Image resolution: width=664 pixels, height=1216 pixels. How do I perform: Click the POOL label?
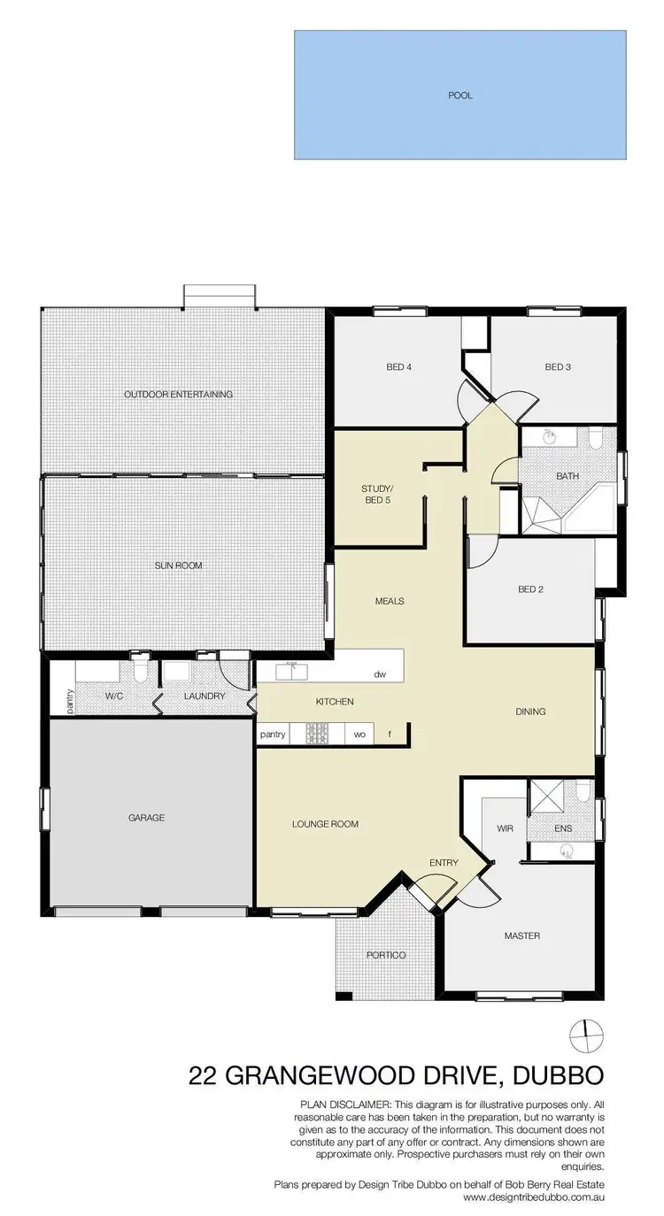tap(459, 95)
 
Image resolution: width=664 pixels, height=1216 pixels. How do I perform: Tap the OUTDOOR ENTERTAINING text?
tap(178, 394)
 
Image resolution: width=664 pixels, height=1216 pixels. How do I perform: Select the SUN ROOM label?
tap(179, 566)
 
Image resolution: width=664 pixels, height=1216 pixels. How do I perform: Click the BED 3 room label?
tap(557, 367)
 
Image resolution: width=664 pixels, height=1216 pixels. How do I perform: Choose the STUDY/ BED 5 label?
tap(376, 494)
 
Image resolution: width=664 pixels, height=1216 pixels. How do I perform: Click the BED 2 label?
tap(530, 589)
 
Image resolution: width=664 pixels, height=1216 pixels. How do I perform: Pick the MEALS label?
tap(390, 601)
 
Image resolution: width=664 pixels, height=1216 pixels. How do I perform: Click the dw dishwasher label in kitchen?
tap(380, 674)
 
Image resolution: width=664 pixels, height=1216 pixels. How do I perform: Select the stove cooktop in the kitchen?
tap(318, 734)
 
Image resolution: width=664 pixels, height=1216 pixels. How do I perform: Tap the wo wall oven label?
tap(359, 735)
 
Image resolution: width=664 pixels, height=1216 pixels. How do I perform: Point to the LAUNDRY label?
tap(205, 697)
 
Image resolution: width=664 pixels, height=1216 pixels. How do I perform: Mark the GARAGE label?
tap(146, 818)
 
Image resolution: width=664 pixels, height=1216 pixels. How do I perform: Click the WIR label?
tap(506, 829)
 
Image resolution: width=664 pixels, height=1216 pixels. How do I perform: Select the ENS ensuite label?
tap(563, 829)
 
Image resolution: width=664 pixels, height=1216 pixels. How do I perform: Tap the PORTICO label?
tap(386, 955)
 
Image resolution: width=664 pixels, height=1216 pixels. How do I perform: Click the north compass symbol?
tap(583, 1032)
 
